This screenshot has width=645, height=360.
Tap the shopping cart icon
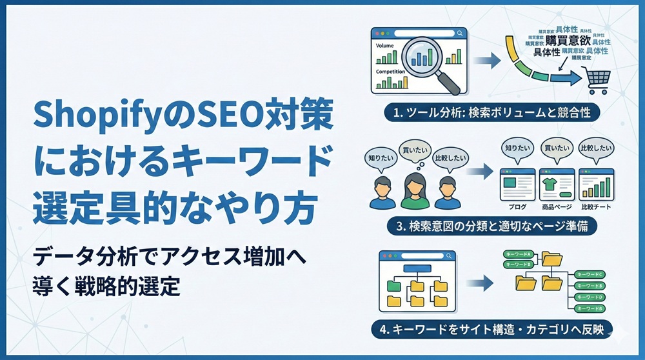tap(597, 82)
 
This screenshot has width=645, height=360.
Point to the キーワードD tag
tap(591, 297)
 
